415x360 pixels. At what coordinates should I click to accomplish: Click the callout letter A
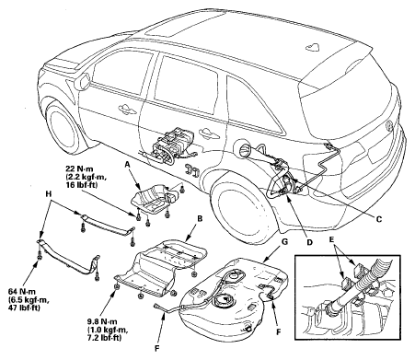127,165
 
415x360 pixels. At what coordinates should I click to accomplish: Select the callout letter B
200,219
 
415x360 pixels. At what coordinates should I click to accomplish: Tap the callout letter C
379,219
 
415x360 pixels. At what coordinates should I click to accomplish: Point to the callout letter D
309,242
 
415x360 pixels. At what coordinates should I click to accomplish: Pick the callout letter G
284,241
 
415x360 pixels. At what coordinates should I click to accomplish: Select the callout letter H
48,193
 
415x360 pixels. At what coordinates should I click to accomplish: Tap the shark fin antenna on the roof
313,46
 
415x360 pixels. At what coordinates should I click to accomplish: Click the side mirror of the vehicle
84,80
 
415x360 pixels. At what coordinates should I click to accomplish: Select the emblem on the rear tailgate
389,125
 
